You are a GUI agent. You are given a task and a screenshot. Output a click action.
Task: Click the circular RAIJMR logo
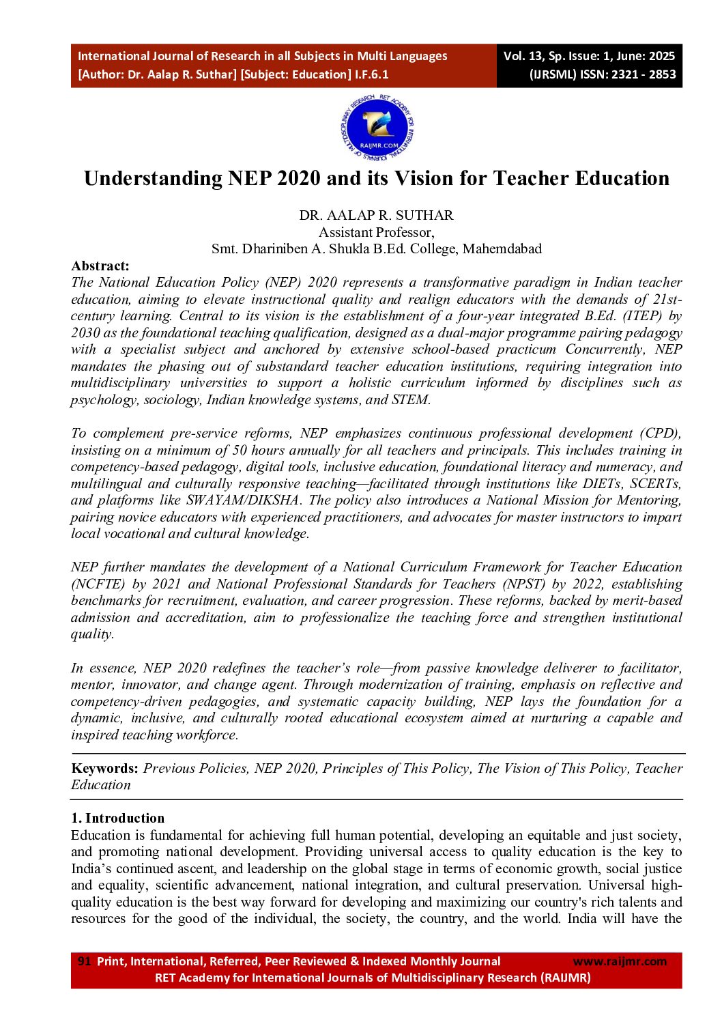click(x=376, y=128)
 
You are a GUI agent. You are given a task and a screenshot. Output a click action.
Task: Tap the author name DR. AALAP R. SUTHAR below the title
click(x=376, y=215)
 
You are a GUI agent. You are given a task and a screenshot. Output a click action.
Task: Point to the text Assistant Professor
click(x=375, y=232)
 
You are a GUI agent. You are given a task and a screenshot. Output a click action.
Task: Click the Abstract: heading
click(x=100, y=266)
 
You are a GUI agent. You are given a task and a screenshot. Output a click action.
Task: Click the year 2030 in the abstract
click(x=85, y=333)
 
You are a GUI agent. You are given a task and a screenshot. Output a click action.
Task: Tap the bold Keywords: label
click(x=105, y=768)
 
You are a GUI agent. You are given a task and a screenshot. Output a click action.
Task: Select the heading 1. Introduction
click(x=118, y=818)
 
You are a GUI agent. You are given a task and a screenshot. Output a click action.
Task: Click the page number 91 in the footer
click(x=84, y=961)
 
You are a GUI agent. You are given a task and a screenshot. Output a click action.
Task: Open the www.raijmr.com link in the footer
click(x=620, y=961)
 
